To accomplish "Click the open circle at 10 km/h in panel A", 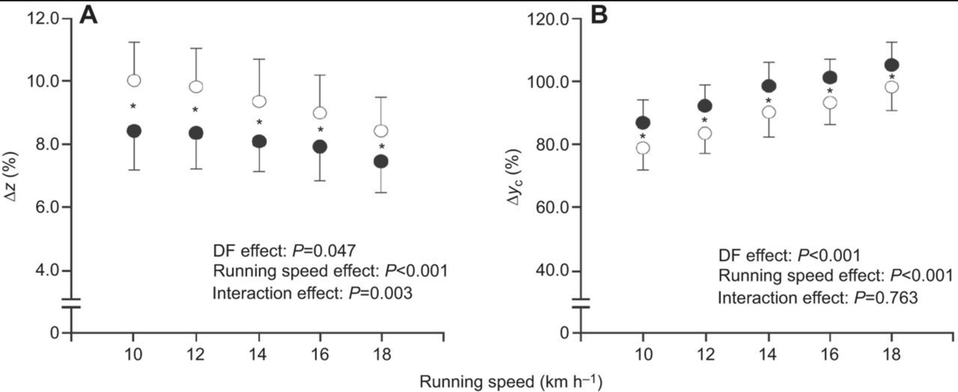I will pos(134,80).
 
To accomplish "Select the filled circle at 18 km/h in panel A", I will pos(382,161).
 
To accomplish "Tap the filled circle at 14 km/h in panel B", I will pos(768,85).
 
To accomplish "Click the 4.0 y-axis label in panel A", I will pos(47,270).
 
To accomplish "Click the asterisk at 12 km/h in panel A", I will pos(195,110).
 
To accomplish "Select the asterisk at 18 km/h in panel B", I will pos(892,76).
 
